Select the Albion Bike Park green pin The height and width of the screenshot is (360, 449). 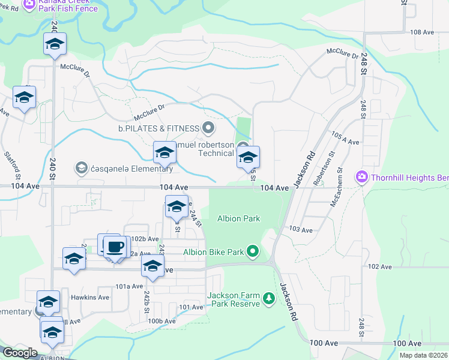click(253, 251)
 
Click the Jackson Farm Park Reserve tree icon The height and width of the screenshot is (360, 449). click(270, 298)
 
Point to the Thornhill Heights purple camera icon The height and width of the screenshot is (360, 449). click(362, 176)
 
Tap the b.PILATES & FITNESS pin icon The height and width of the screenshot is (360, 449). click(208, 127)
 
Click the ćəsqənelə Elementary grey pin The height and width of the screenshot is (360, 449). click(81, 169)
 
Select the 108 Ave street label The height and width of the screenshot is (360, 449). click(421, 32)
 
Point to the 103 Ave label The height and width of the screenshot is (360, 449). click(301, 230)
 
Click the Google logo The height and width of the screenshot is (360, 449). click(20, 353)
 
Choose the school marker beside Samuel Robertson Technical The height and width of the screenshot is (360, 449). click(248, 158)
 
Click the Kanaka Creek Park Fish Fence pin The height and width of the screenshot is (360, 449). click(28, 4)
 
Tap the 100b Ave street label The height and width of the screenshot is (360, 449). click(161, 321)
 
